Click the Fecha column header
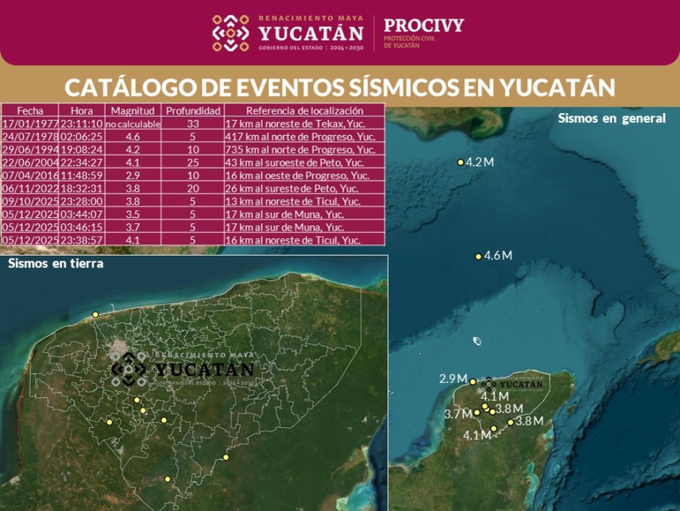[x=30, y=110]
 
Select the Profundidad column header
[x=192, y=110]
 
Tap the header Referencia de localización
[x=304, y=110]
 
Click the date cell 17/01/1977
[x=30, y=124]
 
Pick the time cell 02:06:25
[x=82, y=137]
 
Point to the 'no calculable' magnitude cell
[x=133, y=124]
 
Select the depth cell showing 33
[x=192, y=124]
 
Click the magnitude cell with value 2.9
[x=133, y=175]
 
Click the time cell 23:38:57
[x=82, y=240]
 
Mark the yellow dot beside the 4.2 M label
[x=461, y=163]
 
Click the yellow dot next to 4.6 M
[x=479, y=257]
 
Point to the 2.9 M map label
[x=453, y=379]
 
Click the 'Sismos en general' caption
[x=611, y=118]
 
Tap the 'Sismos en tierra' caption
[x=55, y=263]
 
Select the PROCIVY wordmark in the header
[x=423, y=25]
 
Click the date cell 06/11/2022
[x=30, y=188]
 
